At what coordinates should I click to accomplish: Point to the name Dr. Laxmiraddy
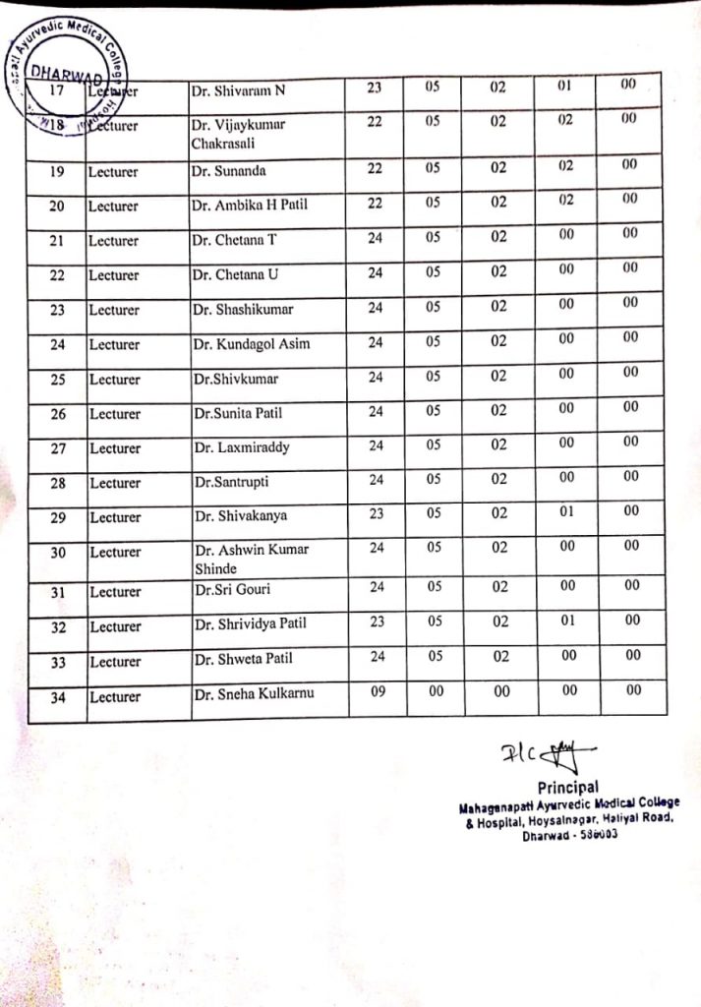pos(241,447)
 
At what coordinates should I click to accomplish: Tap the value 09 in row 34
pos(377,691)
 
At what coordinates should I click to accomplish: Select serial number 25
pos(57,380)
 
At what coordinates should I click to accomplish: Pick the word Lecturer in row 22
pos(114,275)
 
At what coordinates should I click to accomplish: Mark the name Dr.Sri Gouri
pos(232,590)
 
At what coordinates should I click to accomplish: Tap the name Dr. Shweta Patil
pos(243,659)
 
